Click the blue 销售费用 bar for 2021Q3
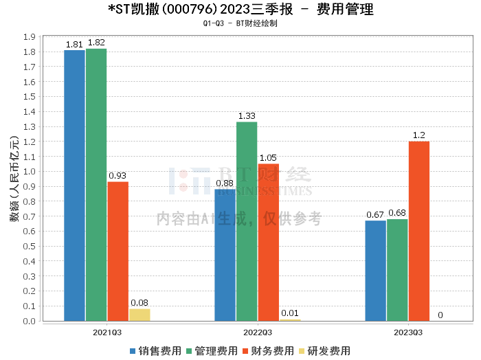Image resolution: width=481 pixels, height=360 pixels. pyautogui.click(x=74, y=185)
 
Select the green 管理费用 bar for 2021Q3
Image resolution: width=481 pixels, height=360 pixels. pyautogui.click(x=96, y=185)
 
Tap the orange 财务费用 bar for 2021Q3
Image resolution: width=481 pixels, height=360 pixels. pyautogui.click(x=118, y=251)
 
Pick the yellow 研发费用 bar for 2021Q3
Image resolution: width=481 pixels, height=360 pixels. pyautogui.click(x=139, y=315)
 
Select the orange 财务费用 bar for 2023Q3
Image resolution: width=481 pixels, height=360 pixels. pyautogui.click(x=418, y=231)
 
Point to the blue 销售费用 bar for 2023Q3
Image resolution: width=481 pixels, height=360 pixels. pyautogui.click(x=375, y=271)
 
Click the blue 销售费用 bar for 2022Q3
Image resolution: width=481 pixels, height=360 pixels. pyautogui.click(x=225, y=255)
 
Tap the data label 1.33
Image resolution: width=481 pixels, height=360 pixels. pyautogui.click(x=247, y=116)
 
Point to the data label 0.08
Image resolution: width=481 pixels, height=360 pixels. pyautogui.click(x=139, y=303)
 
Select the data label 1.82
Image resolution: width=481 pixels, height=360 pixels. pyautogui.click(x=96, y=43)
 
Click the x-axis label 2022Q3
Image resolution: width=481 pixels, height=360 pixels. pyautogui.click(x=257, y=333)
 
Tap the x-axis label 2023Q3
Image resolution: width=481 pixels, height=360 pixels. pyautogui.click(x=407, y=333)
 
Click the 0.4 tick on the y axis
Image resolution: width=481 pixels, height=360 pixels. pyautogui.click(x=30, y=262)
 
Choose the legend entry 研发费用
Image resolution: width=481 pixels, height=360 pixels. pyautogui.click(x=326, y=350)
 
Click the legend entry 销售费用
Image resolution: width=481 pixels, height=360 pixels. pyautogui.click(x=155, y=350)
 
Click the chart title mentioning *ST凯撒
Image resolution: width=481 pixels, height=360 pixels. pyautogui.click(x=240, y=10)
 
